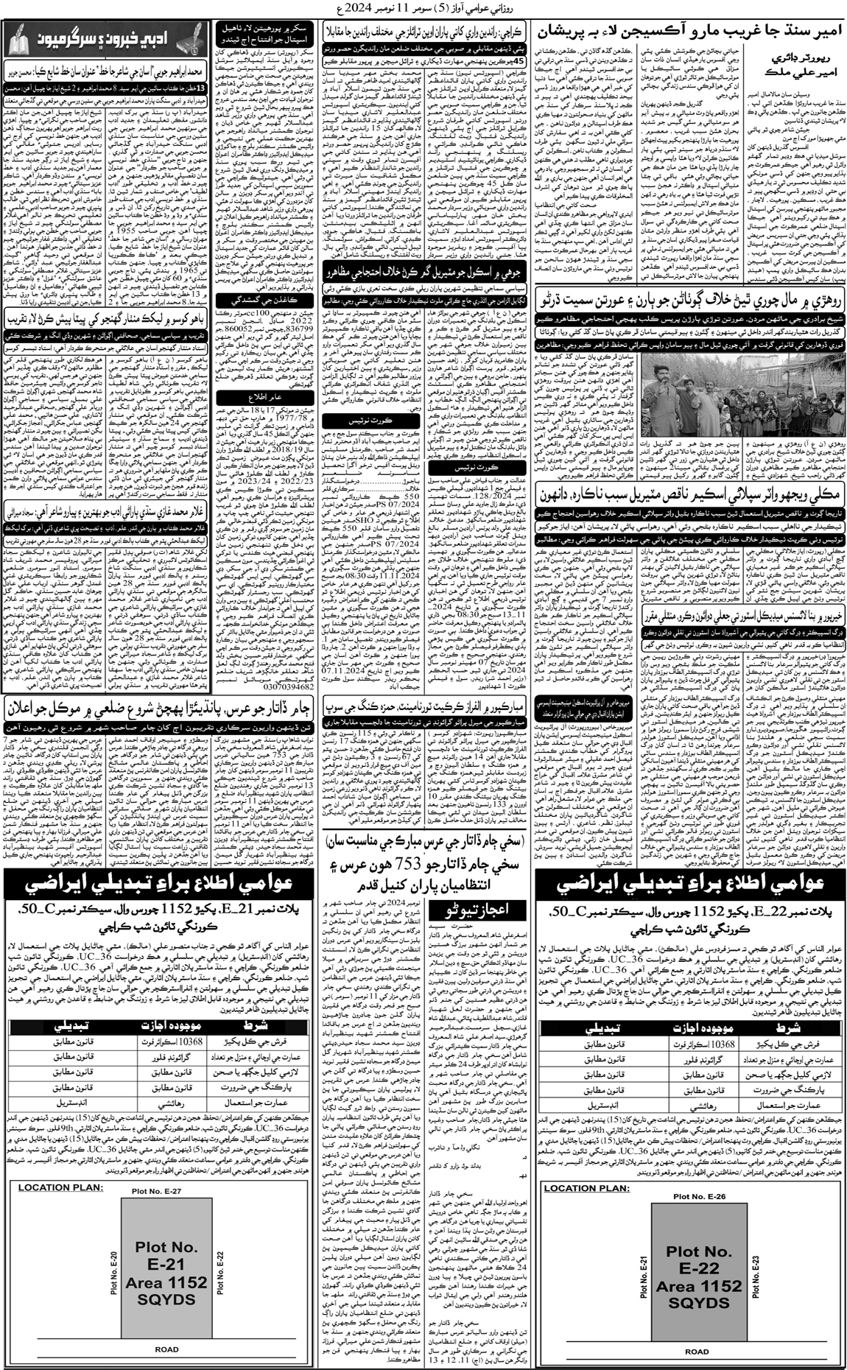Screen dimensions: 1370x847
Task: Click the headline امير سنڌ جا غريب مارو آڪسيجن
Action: [692, 35]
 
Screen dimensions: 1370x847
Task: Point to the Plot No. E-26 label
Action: [697, 1197]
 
